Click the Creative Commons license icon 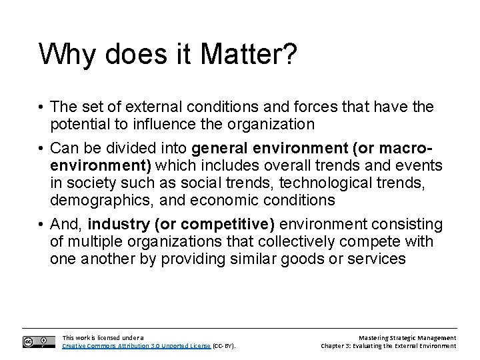[38, 341]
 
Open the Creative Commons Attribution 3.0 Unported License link [136, 346]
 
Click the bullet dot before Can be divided [41, 147]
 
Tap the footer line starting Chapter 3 [388, 346]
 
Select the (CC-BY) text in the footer [224, 346]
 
